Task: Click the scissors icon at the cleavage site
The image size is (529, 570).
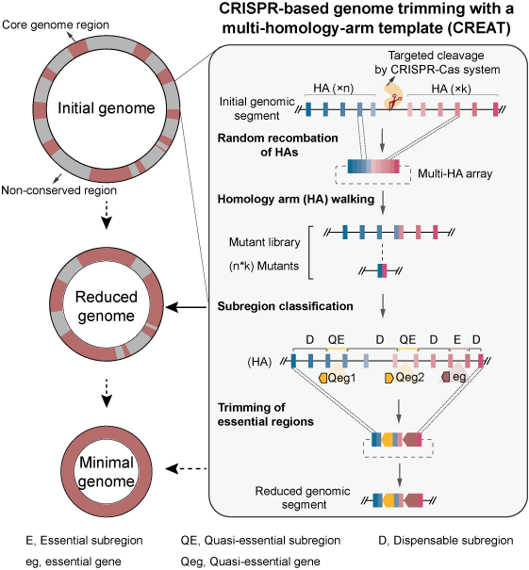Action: tap(393, 102)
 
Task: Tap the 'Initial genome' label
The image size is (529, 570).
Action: tap(107, 108)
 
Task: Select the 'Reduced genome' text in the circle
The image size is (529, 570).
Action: tap(107, 306)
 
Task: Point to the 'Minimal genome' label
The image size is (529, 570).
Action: tap(107, 471)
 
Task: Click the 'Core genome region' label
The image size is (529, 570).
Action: tap(56, 24)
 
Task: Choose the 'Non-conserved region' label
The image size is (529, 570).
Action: tap(59, 190)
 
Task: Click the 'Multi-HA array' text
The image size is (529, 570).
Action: tap(455, 173)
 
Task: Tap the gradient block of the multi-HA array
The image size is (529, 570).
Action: tap(373, 166)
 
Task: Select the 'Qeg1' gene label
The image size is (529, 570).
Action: tap(341, 378)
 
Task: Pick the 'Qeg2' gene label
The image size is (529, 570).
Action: tap(410, 378)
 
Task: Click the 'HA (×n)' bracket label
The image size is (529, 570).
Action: tap(334, 88)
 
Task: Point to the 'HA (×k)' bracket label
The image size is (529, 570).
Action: tap(451, 89)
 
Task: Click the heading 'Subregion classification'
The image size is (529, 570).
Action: tap(285, 306)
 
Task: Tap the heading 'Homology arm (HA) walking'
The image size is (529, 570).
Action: tap(296, 199)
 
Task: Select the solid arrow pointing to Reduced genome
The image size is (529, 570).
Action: tap(187, 307)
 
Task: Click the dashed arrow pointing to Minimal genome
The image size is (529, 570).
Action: tap(187, 468)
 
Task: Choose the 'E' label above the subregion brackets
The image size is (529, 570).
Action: tap(457, 339)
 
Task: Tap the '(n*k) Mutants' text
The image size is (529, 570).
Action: tap(264, 266)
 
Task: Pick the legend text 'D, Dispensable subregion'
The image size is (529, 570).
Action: tap(446, 541)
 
